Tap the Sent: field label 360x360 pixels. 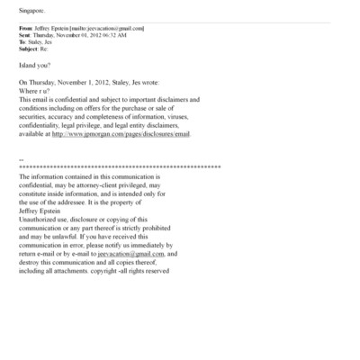point(23,35)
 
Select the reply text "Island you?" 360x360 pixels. point(34,67)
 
